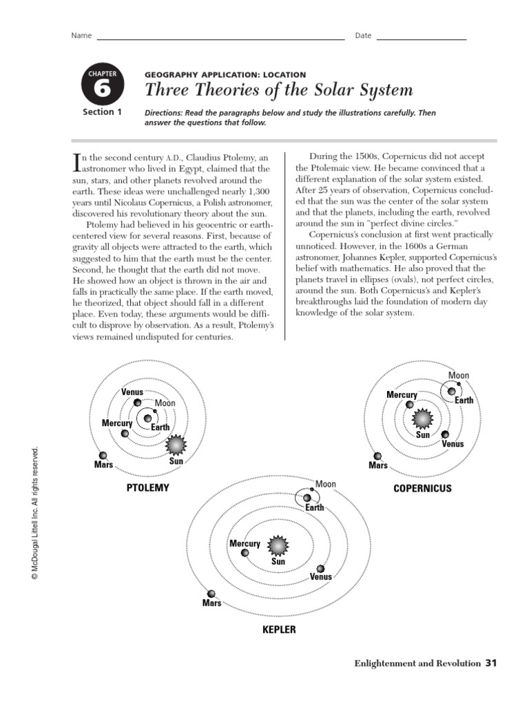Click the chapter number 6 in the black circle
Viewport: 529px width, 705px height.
point(102,88)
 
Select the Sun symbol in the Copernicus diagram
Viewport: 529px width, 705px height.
point(422,418)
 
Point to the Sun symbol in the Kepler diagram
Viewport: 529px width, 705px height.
point(278,546)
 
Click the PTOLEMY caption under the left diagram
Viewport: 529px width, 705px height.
point(147,488)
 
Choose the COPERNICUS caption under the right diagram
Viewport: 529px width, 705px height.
point(422,488)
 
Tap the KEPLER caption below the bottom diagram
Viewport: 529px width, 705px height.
point(279,629)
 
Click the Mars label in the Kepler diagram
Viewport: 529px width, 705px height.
point(211,603)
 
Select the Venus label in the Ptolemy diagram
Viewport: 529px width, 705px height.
point(132,392)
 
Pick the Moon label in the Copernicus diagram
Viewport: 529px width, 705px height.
point(459,375)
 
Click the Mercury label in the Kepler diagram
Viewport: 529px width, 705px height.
point(245,544)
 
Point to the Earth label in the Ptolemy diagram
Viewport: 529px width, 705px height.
point(160,428)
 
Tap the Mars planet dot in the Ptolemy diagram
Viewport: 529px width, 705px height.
point(103,455)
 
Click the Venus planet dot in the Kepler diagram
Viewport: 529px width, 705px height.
point(320,569)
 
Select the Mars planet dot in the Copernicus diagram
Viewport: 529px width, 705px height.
point(377,456)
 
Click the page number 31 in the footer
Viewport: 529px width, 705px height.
point(490,663)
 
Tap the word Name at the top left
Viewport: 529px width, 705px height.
point(81,36)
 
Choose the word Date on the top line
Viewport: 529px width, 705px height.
point(363,36)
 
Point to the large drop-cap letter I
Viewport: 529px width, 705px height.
point(77,162)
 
